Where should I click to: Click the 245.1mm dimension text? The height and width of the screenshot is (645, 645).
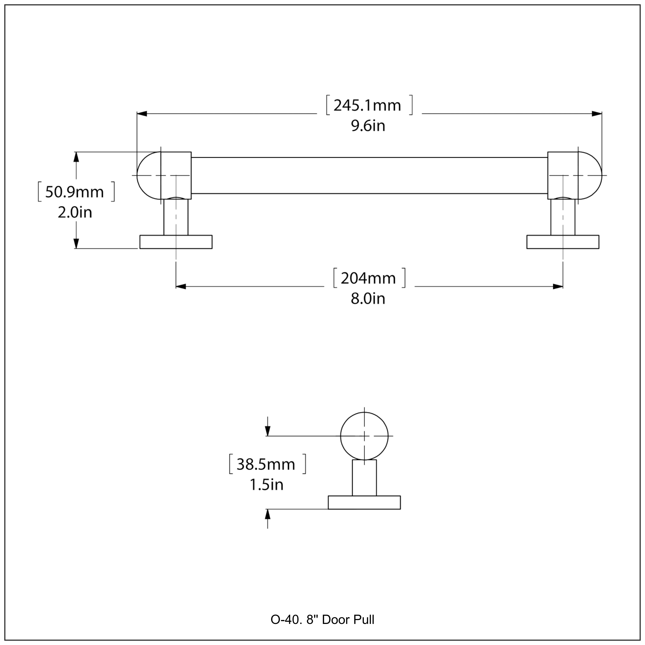(x=367, y=106)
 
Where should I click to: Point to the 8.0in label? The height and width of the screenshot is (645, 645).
(x=368, y=298)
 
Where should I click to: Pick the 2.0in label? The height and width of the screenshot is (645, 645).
(x=75, y=212)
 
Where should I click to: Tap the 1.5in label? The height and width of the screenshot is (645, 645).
(x=266, y=485)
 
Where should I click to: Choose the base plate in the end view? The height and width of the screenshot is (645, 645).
(x=364, y=502)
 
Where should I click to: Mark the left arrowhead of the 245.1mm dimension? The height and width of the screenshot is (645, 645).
(x=142, y=114)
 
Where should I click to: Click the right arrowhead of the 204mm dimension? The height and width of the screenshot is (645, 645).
(x=557, y=286)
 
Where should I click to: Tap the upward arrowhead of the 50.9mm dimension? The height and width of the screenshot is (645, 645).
(x=77, y=157)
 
